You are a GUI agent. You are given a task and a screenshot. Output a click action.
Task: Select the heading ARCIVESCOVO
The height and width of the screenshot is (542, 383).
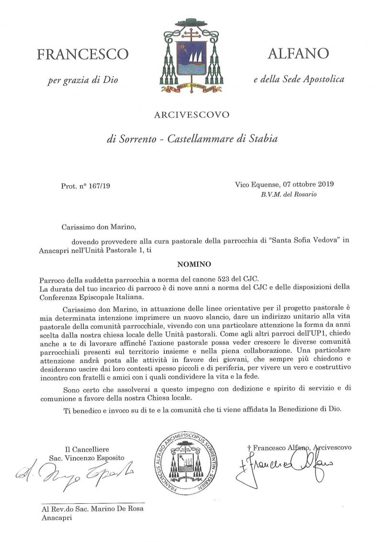191,114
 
